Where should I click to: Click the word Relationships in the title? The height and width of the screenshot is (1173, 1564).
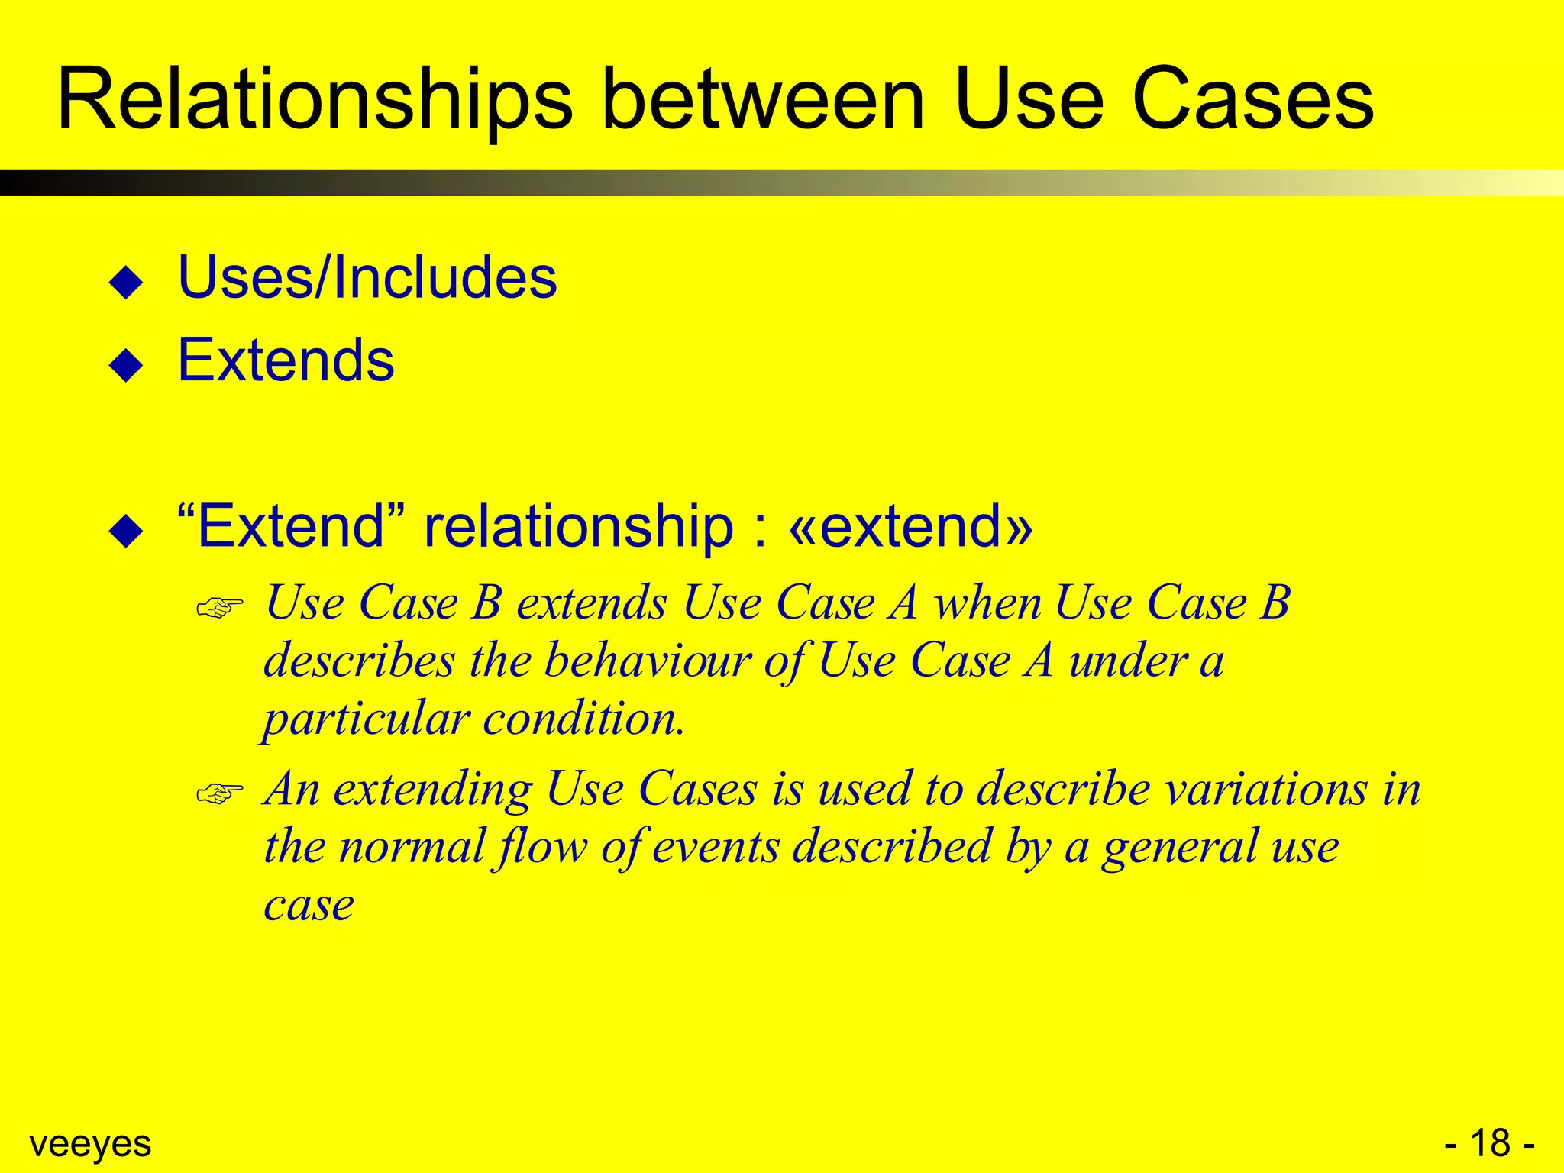tap(315, 101)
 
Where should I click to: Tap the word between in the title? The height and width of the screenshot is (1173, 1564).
tap(763, 101)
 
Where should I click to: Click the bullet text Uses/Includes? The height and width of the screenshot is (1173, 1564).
tap(367, 276)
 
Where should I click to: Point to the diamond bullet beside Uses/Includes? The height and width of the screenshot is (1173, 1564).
tap(126, 282)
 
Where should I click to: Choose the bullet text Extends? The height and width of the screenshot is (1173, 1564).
tap(286, 360)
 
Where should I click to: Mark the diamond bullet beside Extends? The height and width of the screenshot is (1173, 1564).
tap(126, 365)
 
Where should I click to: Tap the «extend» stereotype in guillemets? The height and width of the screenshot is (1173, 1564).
tap(911, 526)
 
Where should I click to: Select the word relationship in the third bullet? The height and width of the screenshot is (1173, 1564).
tap(579, 526)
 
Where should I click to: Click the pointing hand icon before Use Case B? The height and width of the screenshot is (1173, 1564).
tap(219, 608)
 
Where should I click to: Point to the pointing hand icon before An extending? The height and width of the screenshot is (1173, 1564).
tap(219, 793)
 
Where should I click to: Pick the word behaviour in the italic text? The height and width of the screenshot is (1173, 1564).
tap(648, 661)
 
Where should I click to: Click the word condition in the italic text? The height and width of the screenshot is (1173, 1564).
tap(583, 719)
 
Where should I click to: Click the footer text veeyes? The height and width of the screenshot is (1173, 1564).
tap(90, 1144)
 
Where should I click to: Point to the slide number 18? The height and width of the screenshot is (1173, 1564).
tap(1490, 1143)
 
